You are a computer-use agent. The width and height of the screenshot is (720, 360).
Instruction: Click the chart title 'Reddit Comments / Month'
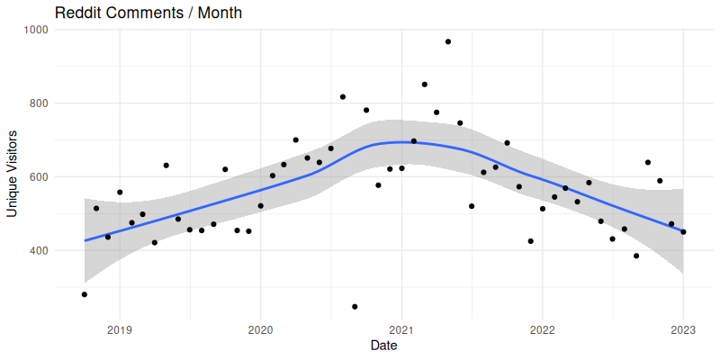tap(148, 13)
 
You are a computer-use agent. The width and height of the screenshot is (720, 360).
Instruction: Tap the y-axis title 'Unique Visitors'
tap(13, 171)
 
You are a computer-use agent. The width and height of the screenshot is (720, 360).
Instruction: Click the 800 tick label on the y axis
tap(37, 103)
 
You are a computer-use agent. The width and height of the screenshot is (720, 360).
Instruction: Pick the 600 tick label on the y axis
tap(37, 177)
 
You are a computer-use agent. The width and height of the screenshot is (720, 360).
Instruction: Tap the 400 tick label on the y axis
tap(37, 250)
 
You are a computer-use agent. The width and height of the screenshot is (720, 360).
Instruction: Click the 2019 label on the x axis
tap(120, 329)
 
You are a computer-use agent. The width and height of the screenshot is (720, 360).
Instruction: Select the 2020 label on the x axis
tap(260, 329)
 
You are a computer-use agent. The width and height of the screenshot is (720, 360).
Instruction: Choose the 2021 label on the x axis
tap(401, 329)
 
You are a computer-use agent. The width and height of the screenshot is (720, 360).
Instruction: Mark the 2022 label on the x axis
tap(542, 329)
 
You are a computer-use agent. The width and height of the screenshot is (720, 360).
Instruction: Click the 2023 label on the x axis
tap(683, 329)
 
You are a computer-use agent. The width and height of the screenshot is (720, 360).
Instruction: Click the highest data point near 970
tap(448, 41)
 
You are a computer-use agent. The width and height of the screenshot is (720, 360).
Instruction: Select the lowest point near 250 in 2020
tap(355, 307)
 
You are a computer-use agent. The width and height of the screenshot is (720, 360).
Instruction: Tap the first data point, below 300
tap(85, 294)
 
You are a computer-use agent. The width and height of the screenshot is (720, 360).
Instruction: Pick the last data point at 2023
tap(683, 232)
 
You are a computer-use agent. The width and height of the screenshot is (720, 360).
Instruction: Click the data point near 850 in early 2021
tap(425, 85)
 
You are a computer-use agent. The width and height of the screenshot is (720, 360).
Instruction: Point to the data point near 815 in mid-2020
tap(343, 97)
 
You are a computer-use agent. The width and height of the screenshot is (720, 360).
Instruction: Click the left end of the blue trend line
tap(85, 240)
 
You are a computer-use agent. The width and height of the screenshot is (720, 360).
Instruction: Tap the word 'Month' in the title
tap(220, 13)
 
